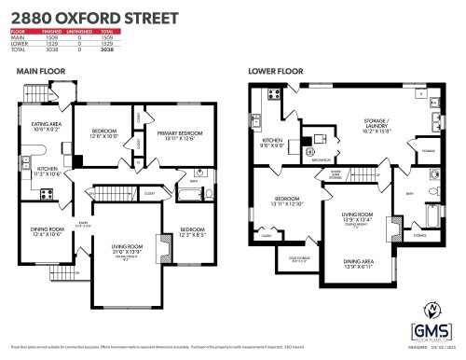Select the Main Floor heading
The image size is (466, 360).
39,70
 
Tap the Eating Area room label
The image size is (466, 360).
47,126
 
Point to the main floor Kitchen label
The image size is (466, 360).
47,170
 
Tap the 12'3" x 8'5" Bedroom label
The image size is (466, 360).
195,230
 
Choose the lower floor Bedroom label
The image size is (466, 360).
287,200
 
